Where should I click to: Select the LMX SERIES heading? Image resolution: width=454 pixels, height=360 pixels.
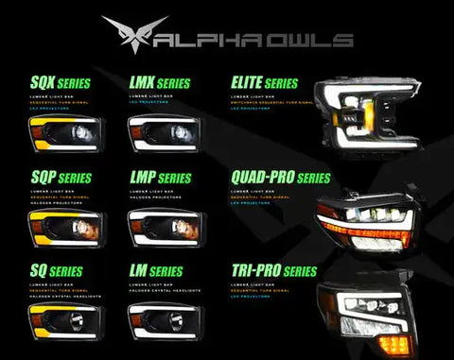tap(159, 84)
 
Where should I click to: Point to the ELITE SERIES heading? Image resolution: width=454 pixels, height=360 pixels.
tap(264, 84)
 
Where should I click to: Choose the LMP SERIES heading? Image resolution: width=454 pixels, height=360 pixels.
tap(159, 177)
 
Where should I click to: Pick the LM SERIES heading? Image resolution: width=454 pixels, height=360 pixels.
tap(155, 272)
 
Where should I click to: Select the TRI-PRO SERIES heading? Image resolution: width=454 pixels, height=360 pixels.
tap(273, 272)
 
